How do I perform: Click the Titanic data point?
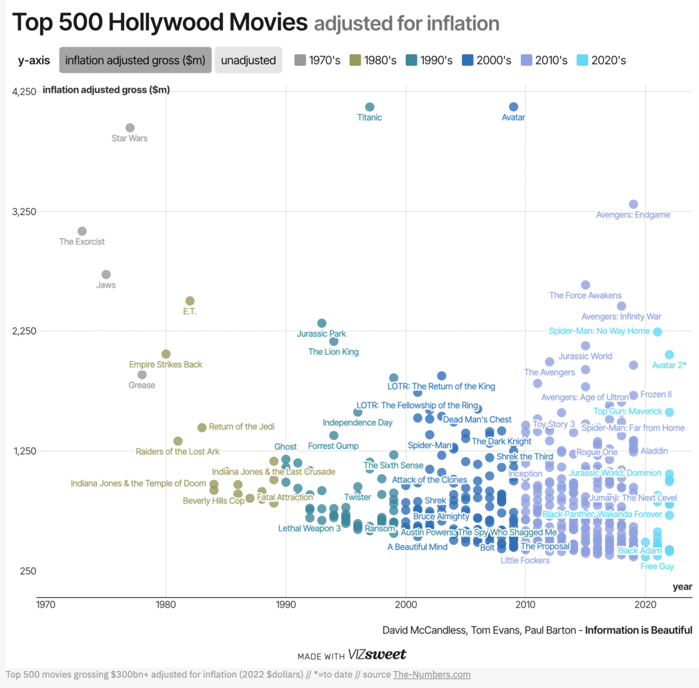370,107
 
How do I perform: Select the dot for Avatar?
514,107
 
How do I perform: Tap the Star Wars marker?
130,128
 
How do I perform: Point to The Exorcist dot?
82,231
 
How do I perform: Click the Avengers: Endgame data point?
634,204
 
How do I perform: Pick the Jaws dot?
106,275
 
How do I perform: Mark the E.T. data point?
190,301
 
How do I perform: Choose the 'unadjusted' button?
248,60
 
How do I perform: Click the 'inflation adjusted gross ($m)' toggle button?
135,60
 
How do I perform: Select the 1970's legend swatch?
300,60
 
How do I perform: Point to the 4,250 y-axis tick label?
24,92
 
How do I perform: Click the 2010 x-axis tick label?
525,604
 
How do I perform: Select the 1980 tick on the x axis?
166,604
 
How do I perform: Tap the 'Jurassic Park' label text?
321,334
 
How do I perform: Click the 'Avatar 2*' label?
669,365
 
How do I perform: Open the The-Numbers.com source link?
432,674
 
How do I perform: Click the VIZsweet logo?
377,655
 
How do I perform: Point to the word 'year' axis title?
682,587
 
